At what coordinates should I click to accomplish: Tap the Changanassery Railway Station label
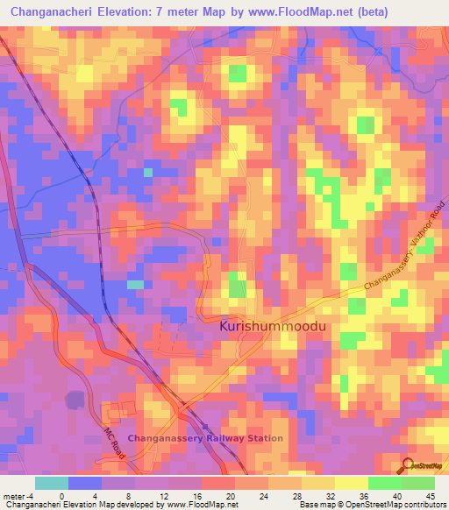205,438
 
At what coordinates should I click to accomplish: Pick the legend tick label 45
431,496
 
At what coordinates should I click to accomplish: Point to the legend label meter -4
18,496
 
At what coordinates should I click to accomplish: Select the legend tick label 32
331,496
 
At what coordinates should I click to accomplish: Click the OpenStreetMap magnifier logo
410,465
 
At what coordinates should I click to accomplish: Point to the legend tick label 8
130,496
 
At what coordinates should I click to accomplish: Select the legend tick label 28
298,496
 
